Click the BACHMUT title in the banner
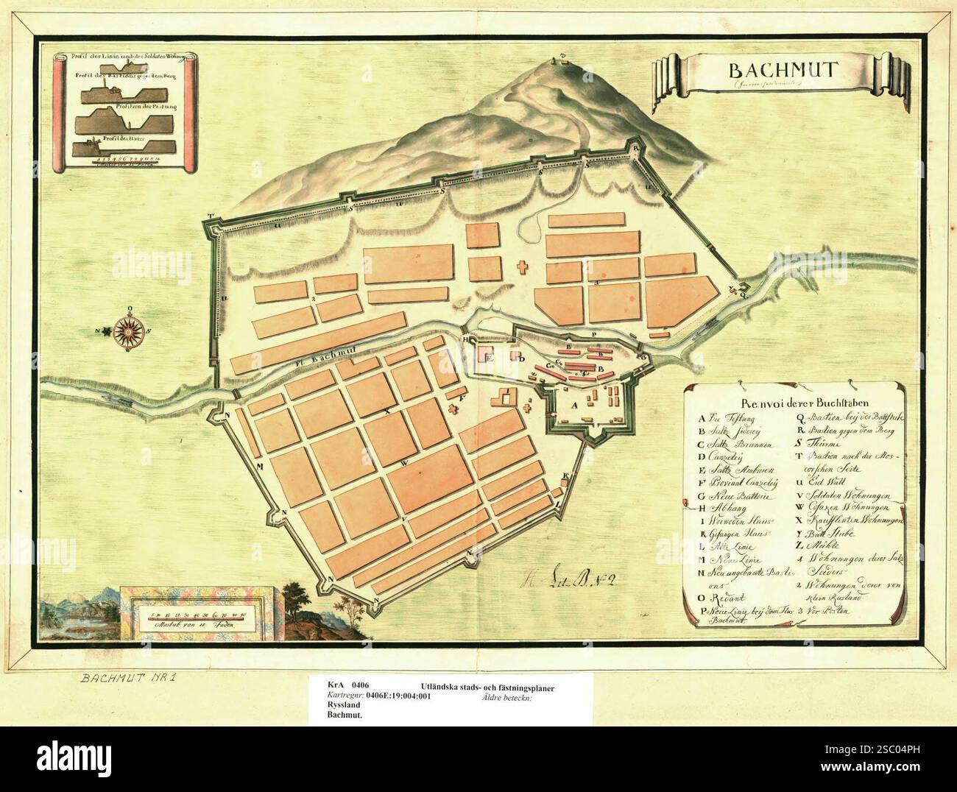pos(770,71)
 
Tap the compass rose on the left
pos(130,330)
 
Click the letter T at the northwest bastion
pos(211,217)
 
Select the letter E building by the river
pos(490,356)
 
